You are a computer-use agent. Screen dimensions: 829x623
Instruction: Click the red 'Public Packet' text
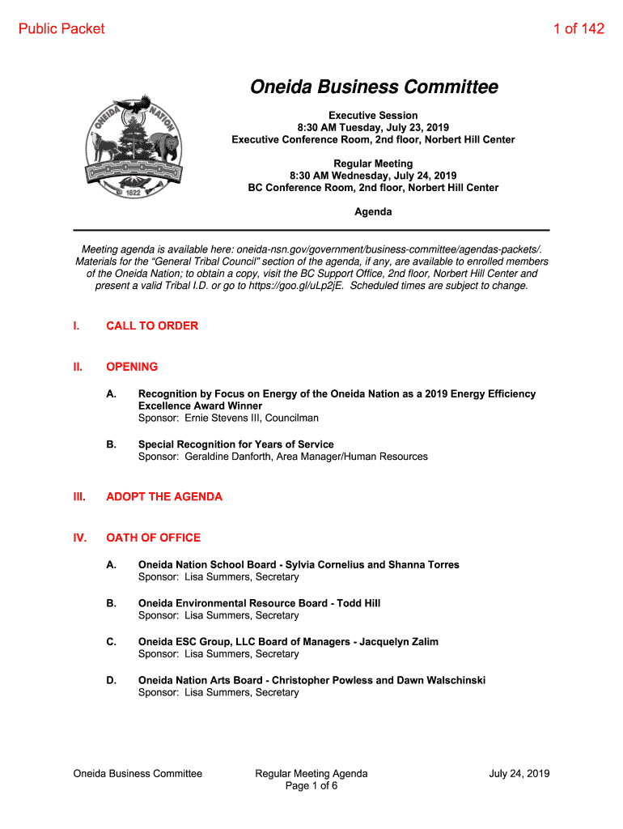point(61,29)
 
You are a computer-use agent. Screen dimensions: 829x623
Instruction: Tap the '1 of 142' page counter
point(578,29)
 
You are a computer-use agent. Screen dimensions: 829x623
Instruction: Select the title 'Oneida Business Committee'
point(373,87)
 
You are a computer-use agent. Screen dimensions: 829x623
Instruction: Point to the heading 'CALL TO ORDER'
point(152,326)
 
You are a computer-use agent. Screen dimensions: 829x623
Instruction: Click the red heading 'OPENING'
point(132,367)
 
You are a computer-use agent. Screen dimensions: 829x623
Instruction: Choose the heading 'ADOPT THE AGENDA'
point(164,497)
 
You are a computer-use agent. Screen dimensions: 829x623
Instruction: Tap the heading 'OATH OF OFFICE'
point(153,538)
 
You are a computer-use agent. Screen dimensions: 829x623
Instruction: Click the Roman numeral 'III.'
point(78,497)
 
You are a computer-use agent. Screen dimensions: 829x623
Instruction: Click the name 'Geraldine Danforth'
point(225,457)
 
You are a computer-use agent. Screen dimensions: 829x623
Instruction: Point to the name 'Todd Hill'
point(358,603)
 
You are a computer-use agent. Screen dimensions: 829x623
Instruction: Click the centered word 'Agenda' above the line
point(373,212)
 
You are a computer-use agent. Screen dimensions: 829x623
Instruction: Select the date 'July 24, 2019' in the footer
point(519,774)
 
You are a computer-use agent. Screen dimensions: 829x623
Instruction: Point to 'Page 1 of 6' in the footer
point(311,786)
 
